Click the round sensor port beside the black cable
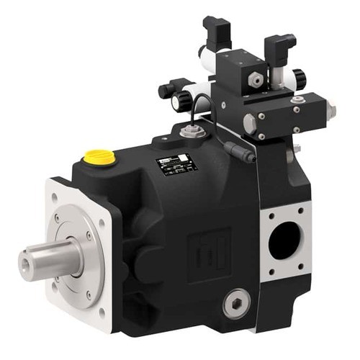coord(192,132)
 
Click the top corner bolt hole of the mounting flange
coord(58,189)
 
